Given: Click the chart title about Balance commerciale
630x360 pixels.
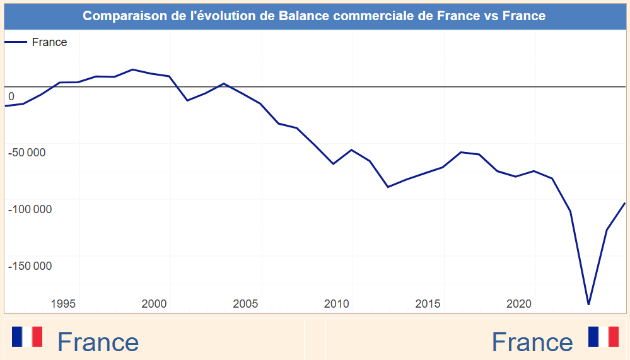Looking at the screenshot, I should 314,15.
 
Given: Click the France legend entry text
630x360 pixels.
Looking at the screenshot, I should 49,42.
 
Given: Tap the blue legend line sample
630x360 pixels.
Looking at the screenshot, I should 16,42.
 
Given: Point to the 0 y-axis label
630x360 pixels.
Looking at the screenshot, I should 11,96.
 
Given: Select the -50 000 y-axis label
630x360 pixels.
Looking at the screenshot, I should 26,153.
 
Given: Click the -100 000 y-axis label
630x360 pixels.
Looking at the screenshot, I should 30,209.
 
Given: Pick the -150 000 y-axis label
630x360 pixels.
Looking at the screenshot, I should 30,266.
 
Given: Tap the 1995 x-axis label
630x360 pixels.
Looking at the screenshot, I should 63,304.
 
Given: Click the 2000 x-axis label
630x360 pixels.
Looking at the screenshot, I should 155,304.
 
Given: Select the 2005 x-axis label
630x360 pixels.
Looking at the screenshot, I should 245,304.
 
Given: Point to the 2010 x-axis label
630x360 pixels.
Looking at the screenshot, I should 337,304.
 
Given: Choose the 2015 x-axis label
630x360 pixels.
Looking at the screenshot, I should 428,304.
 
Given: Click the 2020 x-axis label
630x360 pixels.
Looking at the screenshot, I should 519,304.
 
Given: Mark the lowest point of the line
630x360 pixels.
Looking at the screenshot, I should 588,305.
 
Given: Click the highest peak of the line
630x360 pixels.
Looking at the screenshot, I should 132,69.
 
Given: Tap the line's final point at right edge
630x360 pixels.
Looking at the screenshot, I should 624,203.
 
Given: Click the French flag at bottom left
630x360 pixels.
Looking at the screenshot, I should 27,337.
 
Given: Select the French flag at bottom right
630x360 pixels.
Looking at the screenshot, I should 604,337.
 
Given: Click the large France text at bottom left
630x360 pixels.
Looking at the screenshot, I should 98,342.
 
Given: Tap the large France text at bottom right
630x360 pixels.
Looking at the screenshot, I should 532,342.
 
